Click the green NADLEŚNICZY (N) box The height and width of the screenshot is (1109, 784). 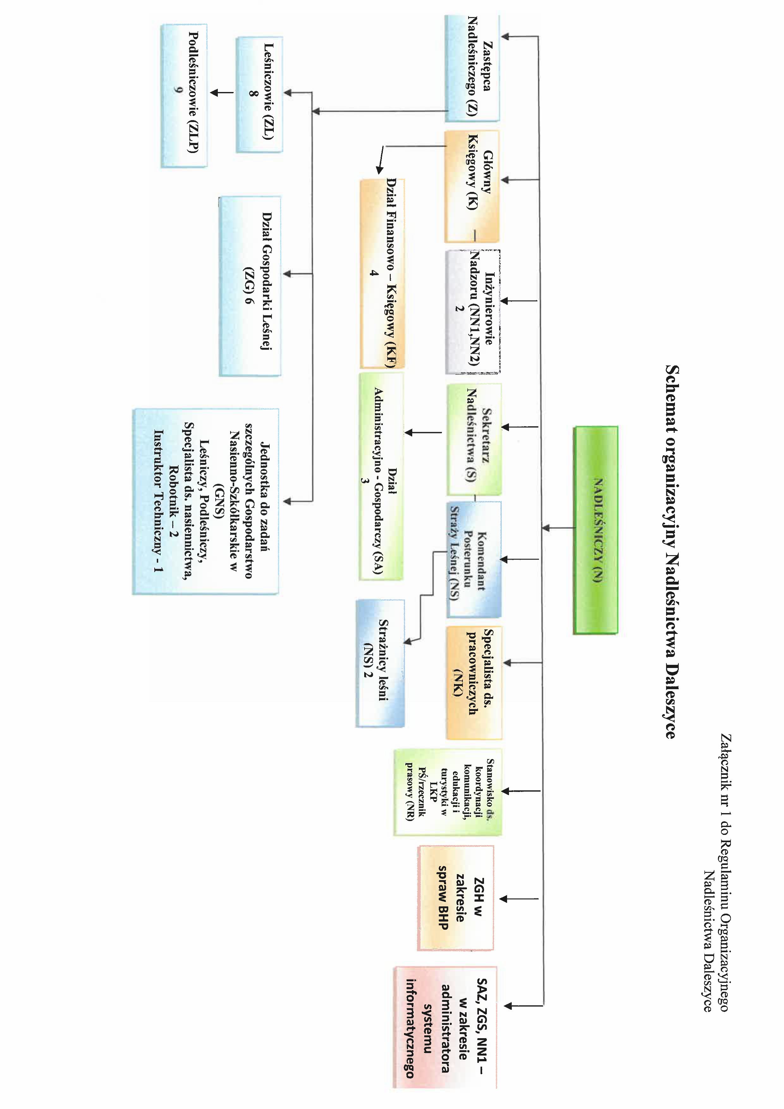595,530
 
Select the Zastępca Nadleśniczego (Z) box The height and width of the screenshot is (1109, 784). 472,68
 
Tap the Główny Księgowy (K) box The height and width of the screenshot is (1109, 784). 472,186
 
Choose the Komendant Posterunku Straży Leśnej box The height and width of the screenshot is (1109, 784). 474,559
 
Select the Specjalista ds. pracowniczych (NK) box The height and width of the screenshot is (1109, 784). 474,683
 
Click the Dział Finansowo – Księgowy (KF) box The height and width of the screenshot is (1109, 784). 382,274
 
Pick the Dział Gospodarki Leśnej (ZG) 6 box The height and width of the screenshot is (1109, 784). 250,286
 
